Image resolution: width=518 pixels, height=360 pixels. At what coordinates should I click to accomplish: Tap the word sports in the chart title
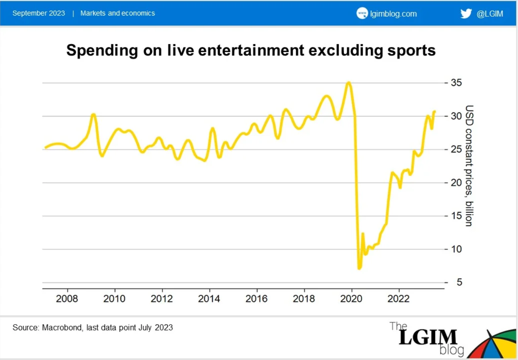pos(414,51)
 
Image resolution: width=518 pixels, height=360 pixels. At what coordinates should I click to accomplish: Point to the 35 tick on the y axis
pos(456,83)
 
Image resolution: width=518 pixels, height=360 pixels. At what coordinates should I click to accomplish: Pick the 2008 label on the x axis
pos(68,298)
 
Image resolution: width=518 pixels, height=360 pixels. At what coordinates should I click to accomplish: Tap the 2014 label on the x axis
pos(210,298)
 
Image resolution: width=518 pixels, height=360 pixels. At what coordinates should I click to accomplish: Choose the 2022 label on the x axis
pos(399,298)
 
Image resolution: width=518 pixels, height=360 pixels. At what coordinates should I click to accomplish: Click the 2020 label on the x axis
pos(352,298)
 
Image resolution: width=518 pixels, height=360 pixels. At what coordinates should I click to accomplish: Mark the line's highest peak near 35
pos(349,82)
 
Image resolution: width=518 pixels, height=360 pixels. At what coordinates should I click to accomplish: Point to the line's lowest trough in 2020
pos(359,268)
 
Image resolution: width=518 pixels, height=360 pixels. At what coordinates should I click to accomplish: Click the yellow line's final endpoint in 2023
pos(434,111)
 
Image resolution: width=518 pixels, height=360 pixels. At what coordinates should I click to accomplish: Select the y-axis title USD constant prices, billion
pos(469,166)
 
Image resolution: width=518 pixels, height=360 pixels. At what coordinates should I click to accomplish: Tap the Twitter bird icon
pos(466,13)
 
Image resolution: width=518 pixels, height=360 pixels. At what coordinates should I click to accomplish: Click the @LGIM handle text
pos(490,14)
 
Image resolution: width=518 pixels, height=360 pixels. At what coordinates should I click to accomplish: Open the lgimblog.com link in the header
pos(393,14)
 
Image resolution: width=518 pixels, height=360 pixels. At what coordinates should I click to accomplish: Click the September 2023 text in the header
pos(39,13)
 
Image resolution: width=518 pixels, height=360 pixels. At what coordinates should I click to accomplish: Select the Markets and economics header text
pos(118,13)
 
